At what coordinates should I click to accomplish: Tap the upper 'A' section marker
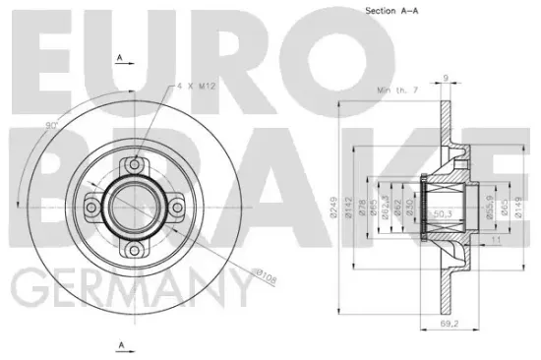pyautogui.click(x=120, y=59)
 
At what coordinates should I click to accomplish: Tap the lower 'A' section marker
pyautogui.click(x=120, y=343)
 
